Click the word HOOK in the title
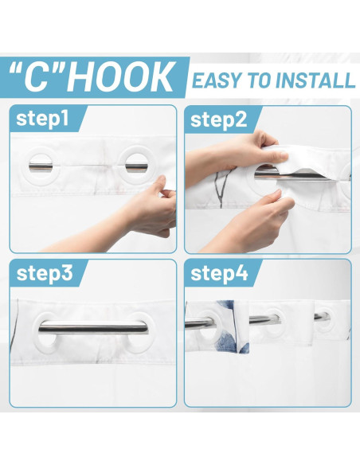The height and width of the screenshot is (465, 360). coord(121,78)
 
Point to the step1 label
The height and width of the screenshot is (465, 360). coord(42,119)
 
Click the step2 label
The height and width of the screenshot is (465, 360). coord(219,119)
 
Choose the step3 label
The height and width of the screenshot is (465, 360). coord(45,273)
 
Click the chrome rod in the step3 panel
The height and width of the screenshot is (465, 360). coord(93,326)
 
